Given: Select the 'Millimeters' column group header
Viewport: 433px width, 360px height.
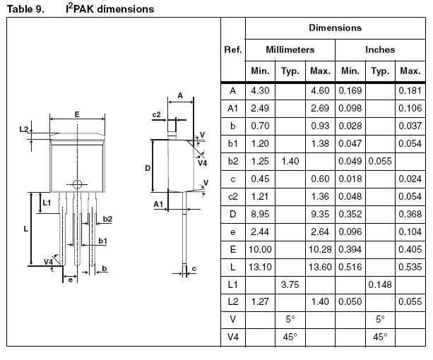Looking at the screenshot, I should click(x=290, y=50).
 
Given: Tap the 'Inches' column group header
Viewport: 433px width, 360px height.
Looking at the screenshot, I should click(x=380, y=50).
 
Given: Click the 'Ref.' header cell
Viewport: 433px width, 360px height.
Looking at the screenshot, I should click(x=232, y=50).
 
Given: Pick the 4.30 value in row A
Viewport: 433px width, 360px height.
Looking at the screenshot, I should click(x=259, y=90).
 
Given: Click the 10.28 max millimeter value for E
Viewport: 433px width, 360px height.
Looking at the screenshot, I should click(x=320, y=249).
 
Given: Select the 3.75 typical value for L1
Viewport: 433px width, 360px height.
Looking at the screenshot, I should click(x=290, y=284).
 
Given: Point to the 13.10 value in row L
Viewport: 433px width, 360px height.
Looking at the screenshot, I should click(x=260, y=267).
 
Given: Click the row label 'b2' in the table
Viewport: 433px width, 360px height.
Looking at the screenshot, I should click(x=232, y=161).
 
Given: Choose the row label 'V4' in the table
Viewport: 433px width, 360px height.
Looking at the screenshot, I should click(x=232, y=337).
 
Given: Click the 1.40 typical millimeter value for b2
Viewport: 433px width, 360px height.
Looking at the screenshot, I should click(x=290, y=161).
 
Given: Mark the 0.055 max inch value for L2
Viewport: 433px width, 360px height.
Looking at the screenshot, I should click(x=410, y=302).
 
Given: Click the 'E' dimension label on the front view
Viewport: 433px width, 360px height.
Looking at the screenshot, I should click(x=77, y=114).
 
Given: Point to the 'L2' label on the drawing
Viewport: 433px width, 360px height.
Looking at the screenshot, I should click(x=24, y=130).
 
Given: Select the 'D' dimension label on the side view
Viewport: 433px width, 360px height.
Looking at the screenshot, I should click(x=148, y=168).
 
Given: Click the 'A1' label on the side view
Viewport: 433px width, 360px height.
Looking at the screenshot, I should click(x=159, y=204).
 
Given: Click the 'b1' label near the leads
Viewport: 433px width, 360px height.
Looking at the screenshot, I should click(x=102, y=241).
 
